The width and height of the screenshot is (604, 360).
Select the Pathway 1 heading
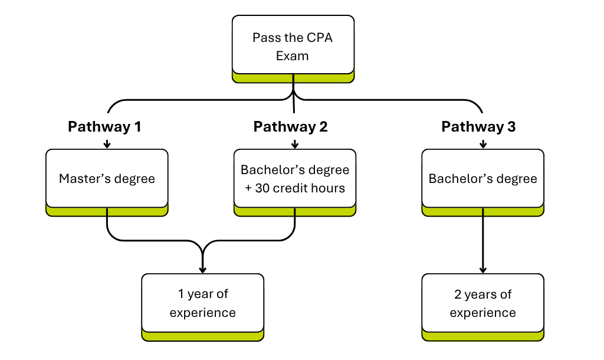click(x=104, y=127)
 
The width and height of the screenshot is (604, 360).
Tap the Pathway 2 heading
click(x=290, y=127)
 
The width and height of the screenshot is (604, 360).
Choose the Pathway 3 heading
click(x=478, y=127)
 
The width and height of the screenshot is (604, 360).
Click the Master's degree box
click(x=107, y=178)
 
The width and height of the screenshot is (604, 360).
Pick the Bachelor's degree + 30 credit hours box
click(x=295, y=179)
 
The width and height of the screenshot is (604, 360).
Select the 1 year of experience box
click(x=202, y=303)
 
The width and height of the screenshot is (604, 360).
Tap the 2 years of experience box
click(x=482, y=303)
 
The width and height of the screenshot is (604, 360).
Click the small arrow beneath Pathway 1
click(x=107, y=143)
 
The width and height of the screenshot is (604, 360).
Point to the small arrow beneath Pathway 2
click(x=294, y=143)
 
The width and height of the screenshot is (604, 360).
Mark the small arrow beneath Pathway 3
click(x=482, y=143)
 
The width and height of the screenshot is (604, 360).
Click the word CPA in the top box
click(x=320, y=38)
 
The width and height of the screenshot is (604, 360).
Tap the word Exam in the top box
click(x=293, y=56)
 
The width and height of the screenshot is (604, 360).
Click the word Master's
click(x=83, y=178)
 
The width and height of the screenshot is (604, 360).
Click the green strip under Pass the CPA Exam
click(x=293, y=77)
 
